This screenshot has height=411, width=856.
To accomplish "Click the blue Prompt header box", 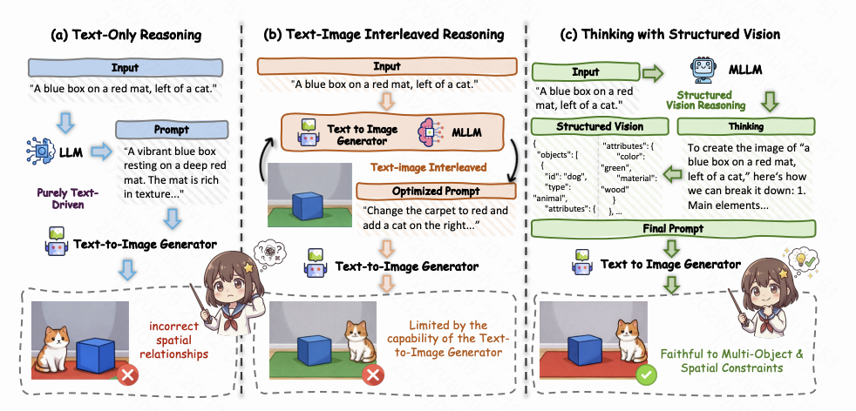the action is tap(172, 131).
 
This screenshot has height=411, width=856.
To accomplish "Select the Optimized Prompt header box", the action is tap(436, 192).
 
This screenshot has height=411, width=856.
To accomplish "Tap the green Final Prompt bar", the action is tap(673, 228).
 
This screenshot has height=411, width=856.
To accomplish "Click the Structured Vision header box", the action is tap(600, 126).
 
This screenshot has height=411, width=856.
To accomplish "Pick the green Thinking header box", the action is tap(745, 126).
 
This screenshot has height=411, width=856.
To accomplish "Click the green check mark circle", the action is tap(647, 374).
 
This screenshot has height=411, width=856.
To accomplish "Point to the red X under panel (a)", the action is tap(129, 374).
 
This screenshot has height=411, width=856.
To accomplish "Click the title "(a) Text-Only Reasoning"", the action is tap(126, 36).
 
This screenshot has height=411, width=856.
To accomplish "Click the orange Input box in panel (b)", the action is tap(386, 67).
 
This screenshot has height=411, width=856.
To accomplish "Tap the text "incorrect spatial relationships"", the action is tap(173, 340).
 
